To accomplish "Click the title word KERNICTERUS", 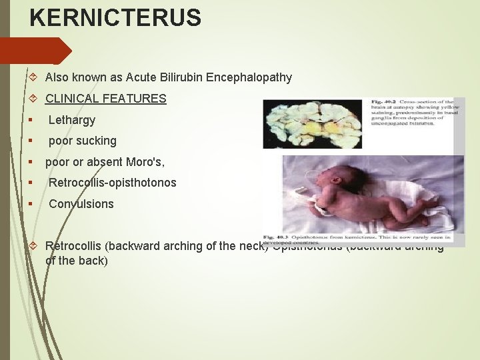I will tap(115, 18).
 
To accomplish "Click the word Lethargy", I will tap(72, 120).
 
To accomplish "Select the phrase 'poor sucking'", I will tap(82, 141).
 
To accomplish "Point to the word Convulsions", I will tap(81, 204).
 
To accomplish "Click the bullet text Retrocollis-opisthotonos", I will tap(112, 183).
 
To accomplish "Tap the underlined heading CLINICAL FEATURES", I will tap(105, 99).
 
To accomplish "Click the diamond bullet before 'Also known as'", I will tap(35, 77).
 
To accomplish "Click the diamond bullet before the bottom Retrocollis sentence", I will tap(35, 245).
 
